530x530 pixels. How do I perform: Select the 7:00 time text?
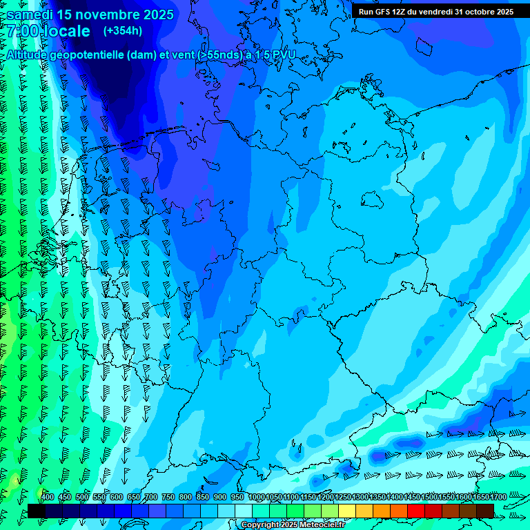pos(22,31)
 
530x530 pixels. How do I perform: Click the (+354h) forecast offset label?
pos(123,31)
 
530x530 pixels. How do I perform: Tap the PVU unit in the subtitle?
pos(282,55)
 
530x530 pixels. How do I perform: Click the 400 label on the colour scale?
pos(48,498)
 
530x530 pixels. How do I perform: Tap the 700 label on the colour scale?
pos(151,498)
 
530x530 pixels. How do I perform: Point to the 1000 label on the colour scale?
pos(257,498)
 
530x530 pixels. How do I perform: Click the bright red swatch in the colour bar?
pos(415,511)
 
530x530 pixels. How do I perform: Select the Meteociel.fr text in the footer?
pos(322,525)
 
